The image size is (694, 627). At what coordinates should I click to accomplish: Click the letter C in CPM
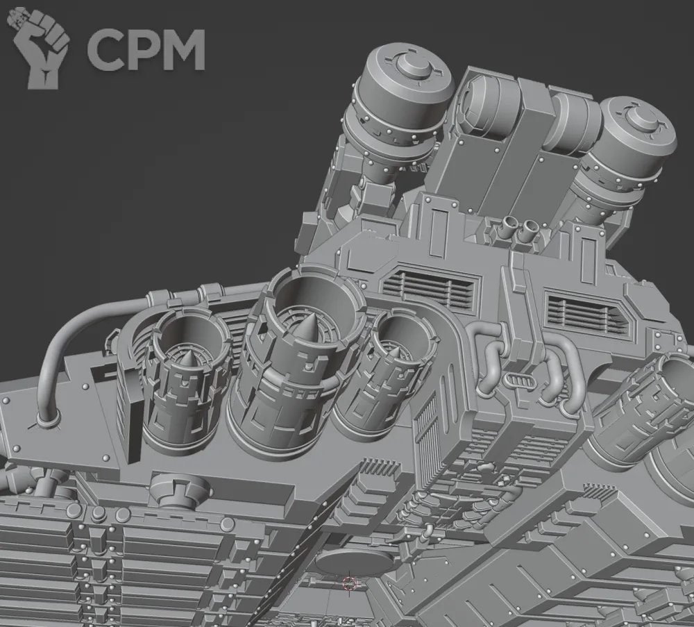point(104,50)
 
